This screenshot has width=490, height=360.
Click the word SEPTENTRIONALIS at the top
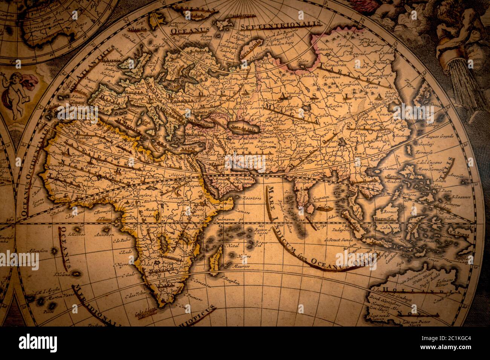click(x=281, y=25)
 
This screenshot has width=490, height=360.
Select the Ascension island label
click(x=37, y=250)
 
